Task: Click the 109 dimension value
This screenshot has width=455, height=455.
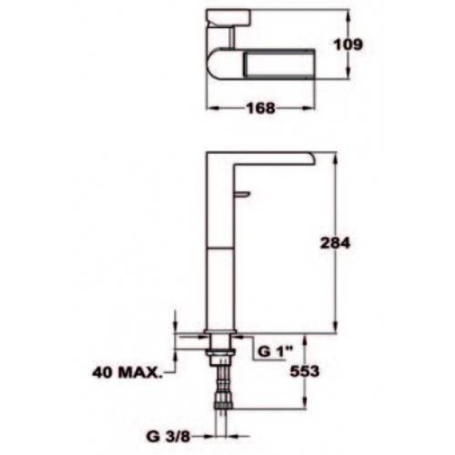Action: (348, 45)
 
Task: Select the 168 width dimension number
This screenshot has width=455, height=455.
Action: (261, 108)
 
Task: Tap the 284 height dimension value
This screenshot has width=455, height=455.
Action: (335, 243)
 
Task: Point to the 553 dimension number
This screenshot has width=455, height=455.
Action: (304, 371)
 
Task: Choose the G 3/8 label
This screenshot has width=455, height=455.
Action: (168, 436)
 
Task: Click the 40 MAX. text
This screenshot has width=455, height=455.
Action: (127, 372)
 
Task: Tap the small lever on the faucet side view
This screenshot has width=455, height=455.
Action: (242, 194)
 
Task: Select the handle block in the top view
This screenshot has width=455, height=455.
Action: (228, 17)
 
